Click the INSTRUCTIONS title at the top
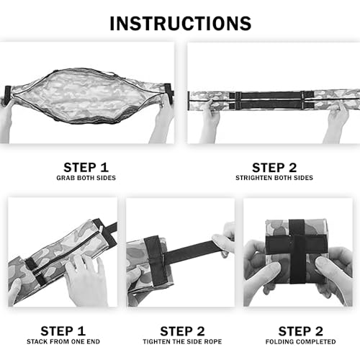(x=181, y=24)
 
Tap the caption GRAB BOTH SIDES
(x=86, y=178)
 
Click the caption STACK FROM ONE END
(x=63, y=341)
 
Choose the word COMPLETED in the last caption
(x=315, y=341)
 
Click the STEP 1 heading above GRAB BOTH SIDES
(x=86, y=167)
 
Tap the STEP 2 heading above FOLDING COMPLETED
(x=301, y=331)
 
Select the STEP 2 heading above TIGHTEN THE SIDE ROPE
(x=182, y=331)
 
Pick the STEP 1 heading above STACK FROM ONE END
(x=63, y=331)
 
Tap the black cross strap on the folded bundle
(x=297, y=251)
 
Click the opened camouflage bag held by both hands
(x=88, y=96)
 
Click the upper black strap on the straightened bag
(x=271, y=95)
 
